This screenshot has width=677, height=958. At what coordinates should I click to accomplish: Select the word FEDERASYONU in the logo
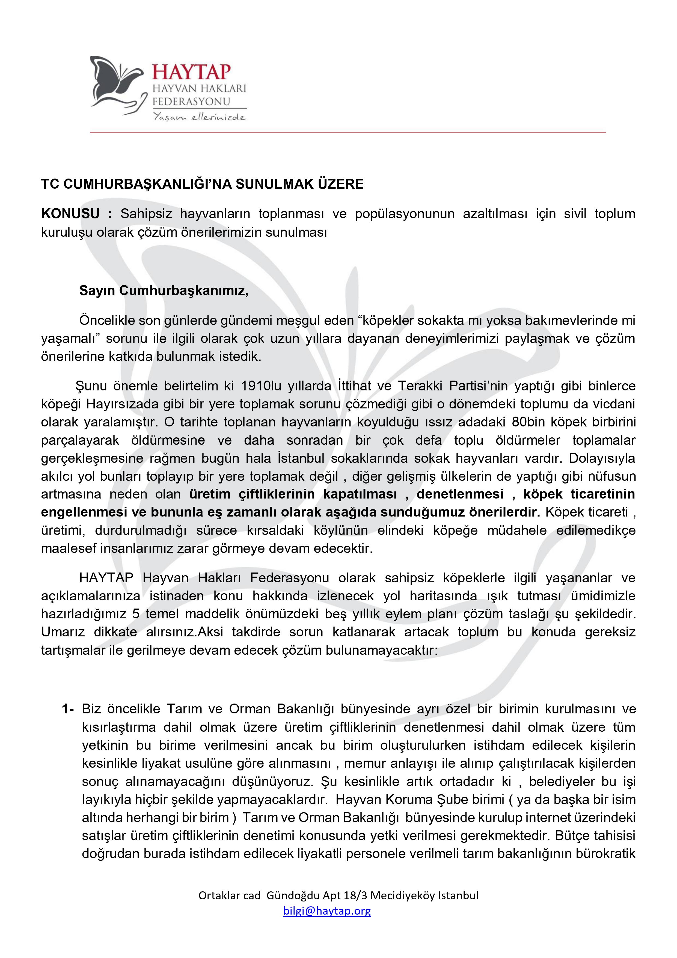191,101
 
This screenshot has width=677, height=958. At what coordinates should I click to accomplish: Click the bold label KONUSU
70,213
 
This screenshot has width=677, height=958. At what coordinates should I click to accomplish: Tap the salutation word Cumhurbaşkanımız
183,290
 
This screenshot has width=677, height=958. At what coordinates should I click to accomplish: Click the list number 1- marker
68,709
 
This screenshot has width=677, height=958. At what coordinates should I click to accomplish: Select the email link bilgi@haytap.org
327,910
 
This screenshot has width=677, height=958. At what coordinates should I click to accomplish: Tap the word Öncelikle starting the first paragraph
106,321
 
